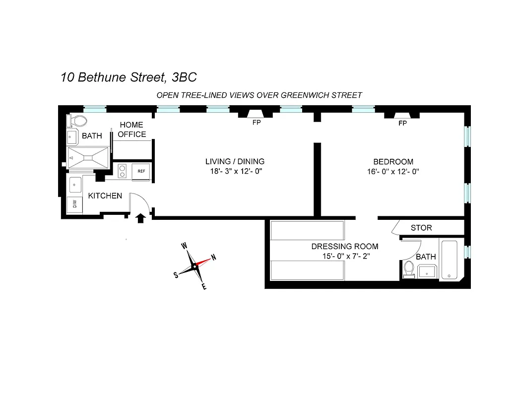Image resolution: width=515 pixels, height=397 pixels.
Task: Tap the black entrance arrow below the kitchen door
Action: pos(140,217)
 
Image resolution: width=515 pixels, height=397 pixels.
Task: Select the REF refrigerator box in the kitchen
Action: pos(141,171)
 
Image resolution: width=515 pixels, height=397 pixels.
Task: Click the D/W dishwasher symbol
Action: pos(74,203)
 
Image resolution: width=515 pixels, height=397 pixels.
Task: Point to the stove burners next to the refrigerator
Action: pos(123,171)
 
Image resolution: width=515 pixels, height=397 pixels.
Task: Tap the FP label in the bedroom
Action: pos(402,123)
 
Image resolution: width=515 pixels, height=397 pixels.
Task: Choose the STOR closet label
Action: pos(421,228)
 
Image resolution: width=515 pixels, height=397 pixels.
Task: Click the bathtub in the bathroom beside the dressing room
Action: pos(451,260)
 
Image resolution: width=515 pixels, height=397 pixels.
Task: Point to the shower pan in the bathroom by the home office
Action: pos(88,158)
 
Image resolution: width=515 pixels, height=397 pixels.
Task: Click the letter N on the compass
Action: pos(214,257)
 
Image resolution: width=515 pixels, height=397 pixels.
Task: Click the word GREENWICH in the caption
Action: pos(302,95)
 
